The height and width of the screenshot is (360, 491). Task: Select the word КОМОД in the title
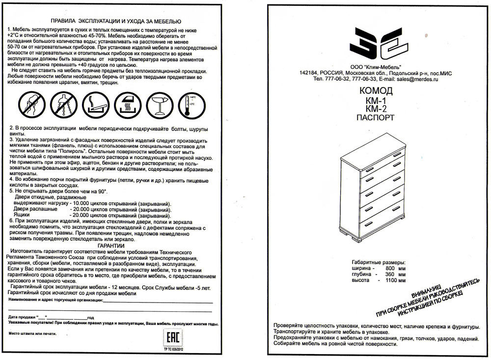pos(376,91)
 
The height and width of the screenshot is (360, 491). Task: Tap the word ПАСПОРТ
pos(376,118)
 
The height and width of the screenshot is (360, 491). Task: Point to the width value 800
pos(390,269)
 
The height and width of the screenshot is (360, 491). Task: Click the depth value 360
pos(390,275)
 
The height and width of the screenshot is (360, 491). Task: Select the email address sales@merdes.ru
pos(417,79)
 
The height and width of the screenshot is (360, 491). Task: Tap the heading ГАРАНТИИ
pos(111,246)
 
